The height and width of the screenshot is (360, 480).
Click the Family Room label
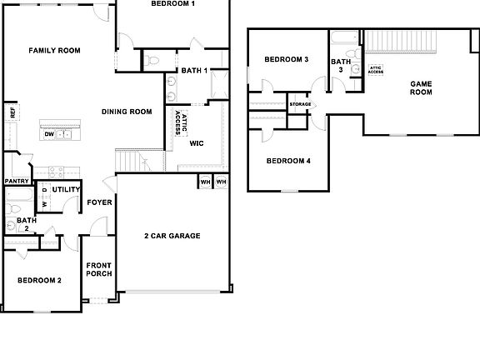coord(54,51)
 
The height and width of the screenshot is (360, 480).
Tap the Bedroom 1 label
coord(173,4)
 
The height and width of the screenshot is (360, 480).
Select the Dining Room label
coord(127,112)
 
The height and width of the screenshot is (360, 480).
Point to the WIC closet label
coord(197,143)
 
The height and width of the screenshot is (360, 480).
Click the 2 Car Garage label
coord(172,236)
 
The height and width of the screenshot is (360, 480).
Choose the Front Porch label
coord(99,269)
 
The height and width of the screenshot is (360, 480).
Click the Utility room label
coord(66,190)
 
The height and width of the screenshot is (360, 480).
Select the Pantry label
coord(17,181)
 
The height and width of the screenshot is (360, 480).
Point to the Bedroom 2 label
coord(40,281)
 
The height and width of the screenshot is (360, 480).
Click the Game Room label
coord(421,87)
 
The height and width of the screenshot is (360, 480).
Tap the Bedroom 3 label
coord(287,60)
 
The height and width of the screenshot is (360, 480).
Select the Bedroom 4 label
coord(288,161)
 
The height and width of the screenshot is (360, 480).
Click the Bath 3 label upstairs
coord(341,65)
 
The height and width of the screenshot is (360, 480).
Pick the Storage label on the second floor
coord(300,104)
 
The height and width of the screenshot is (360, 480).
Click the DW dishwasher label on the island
coord(49,133)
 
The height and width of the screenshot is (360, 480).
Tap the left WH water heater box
coord(205,181)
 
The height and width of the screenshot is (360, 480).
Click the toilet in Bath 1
coord(152,60)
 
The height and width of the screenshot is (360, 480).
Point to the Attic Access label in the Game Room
coord(376,70)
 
